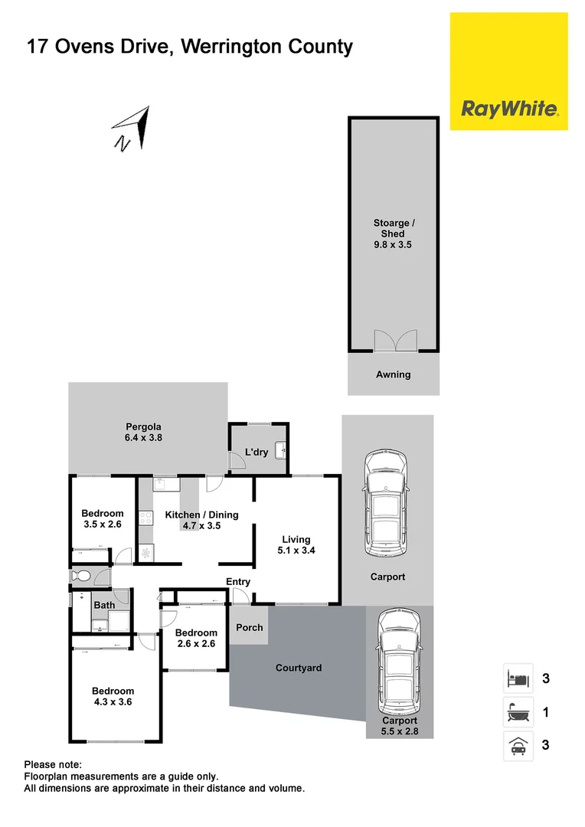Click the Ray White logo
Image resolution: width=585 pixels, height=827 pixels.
pyautogui.click(x=508, y=108)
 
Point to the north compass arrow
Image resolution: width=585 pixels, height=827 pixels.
pyautogui.click(x=132, y=127)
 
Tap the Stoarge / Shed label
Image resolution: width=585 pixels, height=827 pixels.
pyautogui.click(x=394, y=234)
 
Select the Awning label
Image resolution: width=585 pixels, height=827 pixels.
pyautogui.click(x=394, y=374)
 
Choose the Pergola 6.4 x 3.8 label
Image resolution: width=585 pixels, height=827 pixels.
pyautogui.click(x=144, y=433)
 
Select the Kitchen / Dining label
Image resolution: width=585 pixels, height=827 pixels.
pyautogui.click(x=202, y=520)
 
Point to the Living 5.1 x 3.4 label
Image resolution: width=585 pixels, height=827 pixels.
pyautogui.click(x=296, y=544)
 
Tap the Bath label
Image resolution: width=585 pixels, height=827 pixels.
pyautogui.click(x=104, y=605)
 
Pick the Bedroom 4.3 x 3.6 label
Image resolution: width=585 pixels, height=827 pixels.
pyautogui.click(x=113, y=696)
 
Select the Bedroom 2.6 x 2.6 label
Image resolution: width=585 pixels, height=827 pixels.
pyautogui.click(x=196, y=639)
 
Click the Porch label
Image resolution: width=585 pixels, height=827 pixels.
pyautogui.click(x=249, y=627)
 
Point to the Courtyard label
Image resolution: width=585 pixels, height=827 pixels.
pyautogui.click(x=299, y=668)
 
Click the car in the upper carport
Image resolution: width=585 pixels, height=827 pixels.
pyautogui.click(x=387, y=505)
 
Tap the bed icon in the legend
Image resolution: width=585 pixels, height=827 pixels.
pyautogui.click(x=518, y=678)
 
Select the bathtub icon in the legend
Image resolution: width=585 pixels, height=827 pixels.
pyautogui.click(x=518, y=713)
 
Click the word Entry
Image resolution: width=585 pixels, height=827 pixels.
pyautogui.click(x=238, y=582)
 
